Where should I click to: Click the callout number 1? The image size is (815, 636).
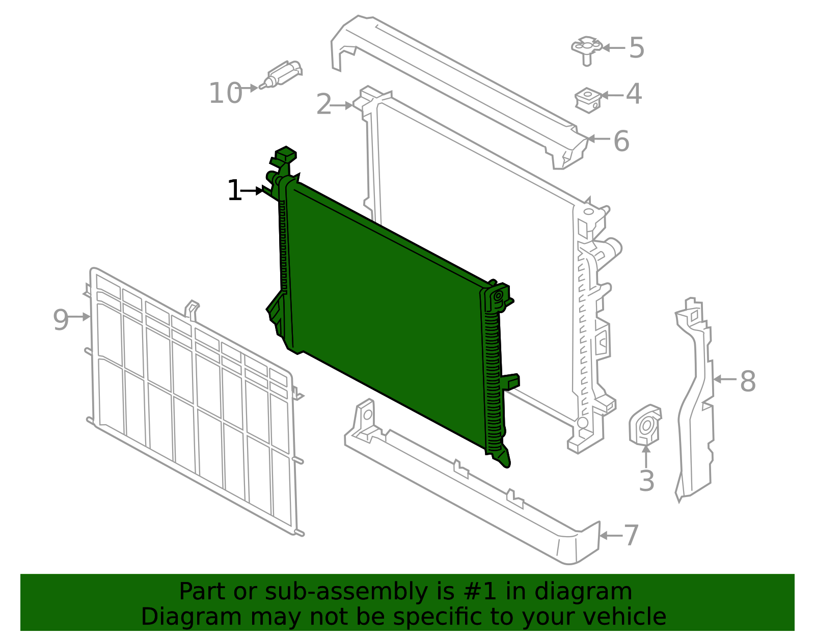pos(235,190)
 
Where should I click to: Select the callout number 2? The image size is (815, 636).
pos(324,104)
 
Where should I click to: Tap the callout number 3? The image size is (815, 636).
pos(646,481)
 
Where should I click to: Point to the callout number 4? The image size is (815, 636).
pos(634,94)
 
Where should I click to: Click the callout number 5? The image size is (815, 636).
pos(637,47)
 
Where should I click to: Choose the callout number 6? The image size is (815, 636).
pos(621,141)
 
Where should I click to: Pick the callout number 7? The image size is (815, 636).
pos(631,535)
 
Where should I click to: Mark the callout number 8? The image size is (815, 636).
pos(747,381)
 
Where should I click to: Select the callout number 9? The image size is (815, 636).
pos(61,320)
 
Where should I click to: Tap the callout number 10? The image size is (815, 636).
pos(226,93)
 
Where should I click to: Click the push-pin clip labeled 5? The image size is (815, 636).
pos(587,50)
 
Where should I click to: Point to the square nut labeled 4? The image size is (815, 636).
pos(588,100)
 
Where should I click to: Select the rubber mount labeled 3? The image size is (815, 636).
pos(645,425)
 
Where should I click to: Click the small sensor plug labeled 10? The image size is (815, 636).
pos(281,74)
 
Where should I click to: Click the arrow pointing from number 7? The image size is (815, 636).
pos(611,536)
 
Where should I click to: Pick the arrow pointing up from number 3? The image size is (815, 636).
pos(646,457)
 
